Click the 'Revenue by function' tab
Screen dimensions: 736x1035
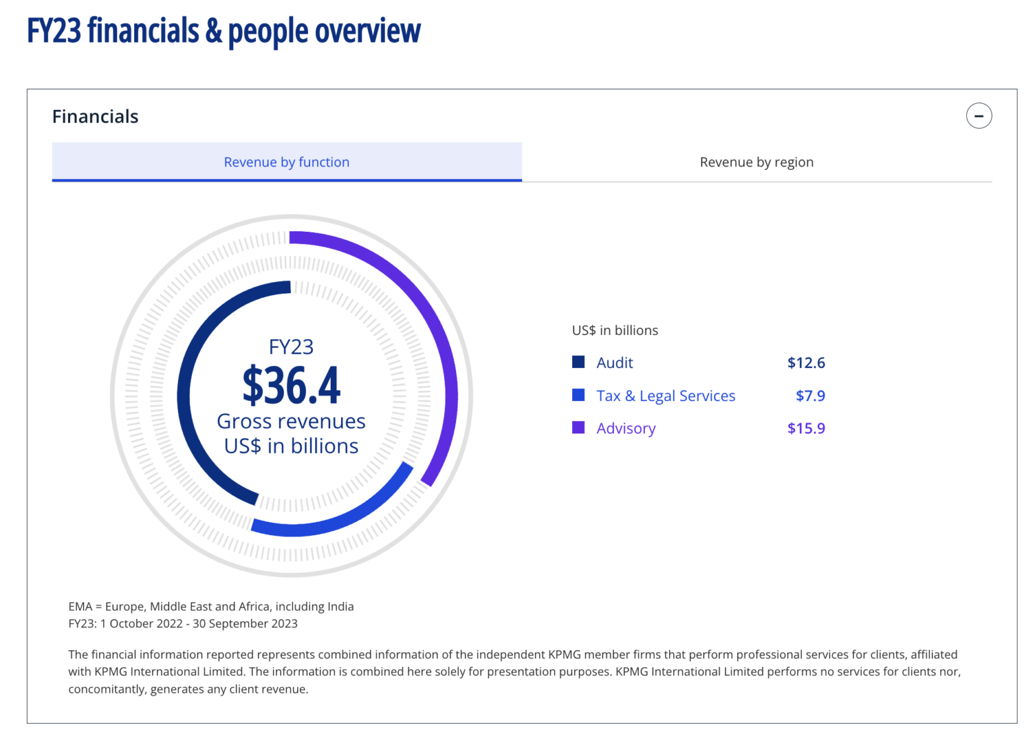coord(286,162)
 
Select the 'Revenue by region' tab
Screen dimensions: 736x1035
coord(756,162)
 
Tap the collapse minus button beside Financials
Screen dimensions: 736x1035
coord(978,116)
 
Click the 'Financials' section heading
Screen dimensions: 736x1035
coord(95,117)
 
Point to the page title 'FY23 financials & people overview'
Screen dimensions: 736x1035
coord(223,32)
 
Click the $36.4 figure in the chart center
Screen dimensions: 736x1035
coord(291,386)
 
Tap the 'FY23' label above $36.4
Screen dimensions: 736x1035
coord(291,347)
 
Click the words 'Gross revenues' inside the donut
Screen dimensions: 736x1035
coord(291,421)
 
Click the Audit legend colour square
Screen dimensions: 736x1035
coord(578,362)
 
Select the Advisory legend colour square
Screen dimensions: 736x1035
coord(578,427)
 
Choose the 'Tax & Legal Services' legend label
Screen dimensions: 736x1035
coord(665,396)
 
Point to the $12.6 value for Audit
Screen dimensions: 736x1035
coord(806,363)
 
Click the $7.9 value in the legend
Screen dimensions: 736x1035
coord(810,396)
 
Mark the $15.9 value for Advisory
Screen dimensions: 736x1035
coord(806,428)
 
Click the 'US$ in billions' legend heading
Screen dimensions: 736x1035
coord(615,330)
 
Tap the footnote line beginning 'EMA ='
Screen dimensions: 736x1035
coord(211,607)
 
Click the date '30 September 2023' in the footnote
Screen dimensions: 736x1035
coord(245,623)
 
